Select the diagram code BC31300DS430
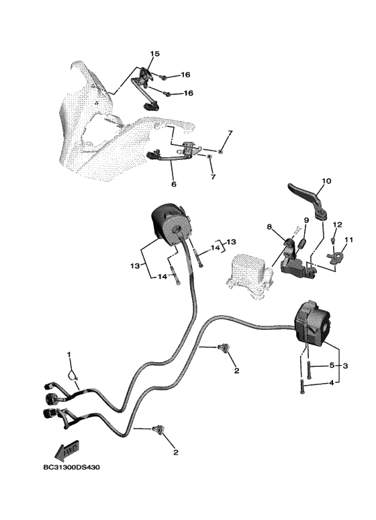pos(72,468)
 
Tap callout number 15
pos(155,53)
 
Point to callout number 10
pos(326,181)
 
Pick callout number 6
pos(174,183)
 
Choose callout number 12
pos(337,224)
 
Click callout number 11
pos(348,239)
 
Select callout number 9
pos(306,220)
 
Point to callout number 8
pos(269,227)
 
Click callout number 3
pos(345,366)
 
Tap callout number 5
pos(332,366)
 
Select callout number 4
pos(332,383)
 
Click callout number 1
pos(69,355)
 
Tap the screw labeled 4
pos(301,387)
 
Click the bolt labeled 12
pos(334,240)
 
